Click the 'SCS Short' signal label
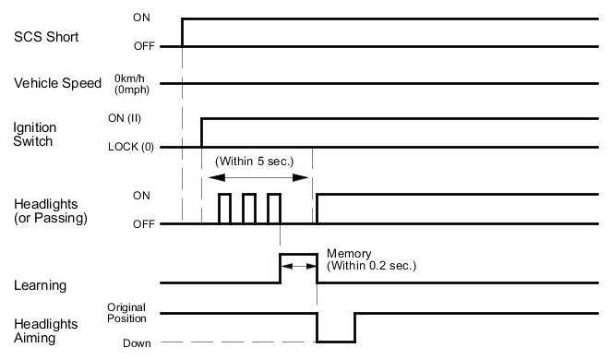[x=46, y=37]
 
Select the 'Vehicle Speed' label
[x=57, y=83]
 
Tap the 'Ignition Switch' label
[x=34, y=135]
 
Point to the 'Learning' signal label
[x=40, y=285]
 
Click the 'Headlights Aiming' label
[x=45, y=330]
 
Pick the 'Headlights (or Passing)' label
[x=50, y=211]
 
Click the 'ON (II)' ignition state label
[x=125, y=118]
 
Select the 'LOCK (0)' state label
[x=130, y=147]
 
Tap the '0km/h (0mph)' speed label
[x=132, y=84]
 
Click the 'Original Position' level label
[x=126, y=313]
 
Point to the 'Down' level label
[x=137, y=343]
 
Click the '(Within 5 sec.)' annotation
[x=254, y=162]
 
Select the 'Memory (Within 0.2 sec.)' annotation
[x=371, y=259]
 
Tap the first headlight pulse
[x=225, y=194]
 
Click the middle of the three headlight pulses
[x=249, y=194]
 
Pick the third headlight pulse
[x=274, y=194]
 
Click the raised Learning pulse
[x=298, y=255]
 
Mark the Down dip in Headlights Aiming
[x=336, y=342]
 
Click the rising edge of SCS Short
[x=182, y=32]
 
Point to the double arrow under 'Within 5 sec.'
[x=258, y=177]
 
